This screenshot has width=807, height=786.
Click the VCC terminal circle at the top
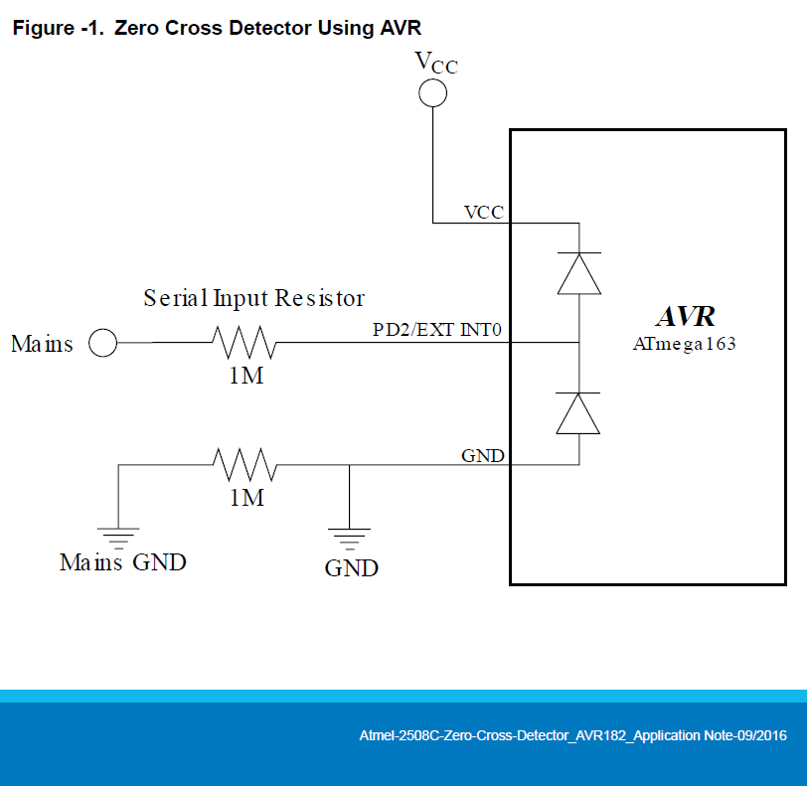432,93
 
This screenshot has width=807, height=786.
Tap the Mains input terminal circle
102,344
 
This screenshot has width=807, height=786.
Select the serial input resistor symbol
243,344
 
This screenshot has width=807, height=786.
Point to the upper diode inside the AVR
578,272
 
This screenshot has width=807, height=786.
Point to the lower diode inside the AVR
578,412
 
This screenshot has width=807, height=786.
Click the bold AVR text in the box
686,317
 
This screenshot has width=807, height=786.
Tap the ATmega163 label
686,344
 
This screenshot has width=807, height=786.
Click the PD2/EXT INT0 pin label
438,330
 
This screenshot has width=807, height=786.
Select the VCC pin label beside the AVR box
484,213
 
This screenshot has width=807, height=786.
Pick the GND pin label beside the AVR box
483,456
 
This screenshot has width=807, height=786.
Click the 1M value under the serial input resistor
246,377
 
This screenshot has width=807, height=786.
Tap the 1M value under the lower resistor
246,497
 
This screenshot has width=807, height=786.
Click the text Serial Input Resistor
254,297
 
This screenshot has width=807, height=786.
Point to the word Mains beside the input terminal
42,344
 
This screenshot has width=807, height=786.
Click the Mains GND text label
122,562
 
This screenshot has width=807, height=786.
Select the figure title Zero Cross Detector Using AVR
224,28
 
